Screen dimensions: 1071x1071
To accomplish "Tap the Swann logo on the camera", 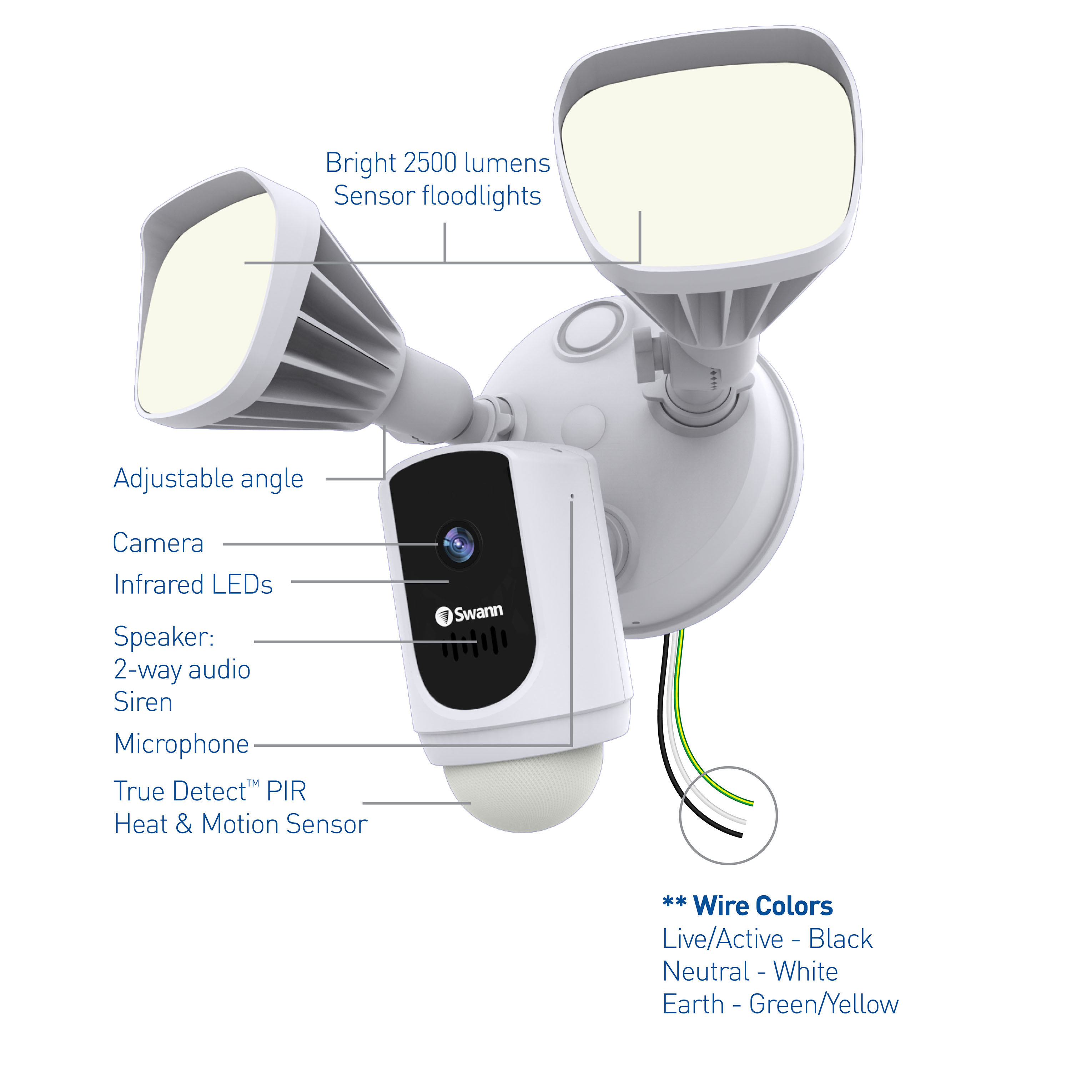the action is [x=469, y=614].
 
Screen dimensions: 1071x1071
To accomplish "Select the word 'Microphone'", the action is [x=181, y=744].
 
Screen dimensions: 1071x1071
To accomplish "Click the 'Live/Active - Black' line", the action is [x=767, y=939].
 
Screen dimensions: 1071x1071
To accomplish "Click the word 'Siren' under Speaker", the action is [x=143, y=702].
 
